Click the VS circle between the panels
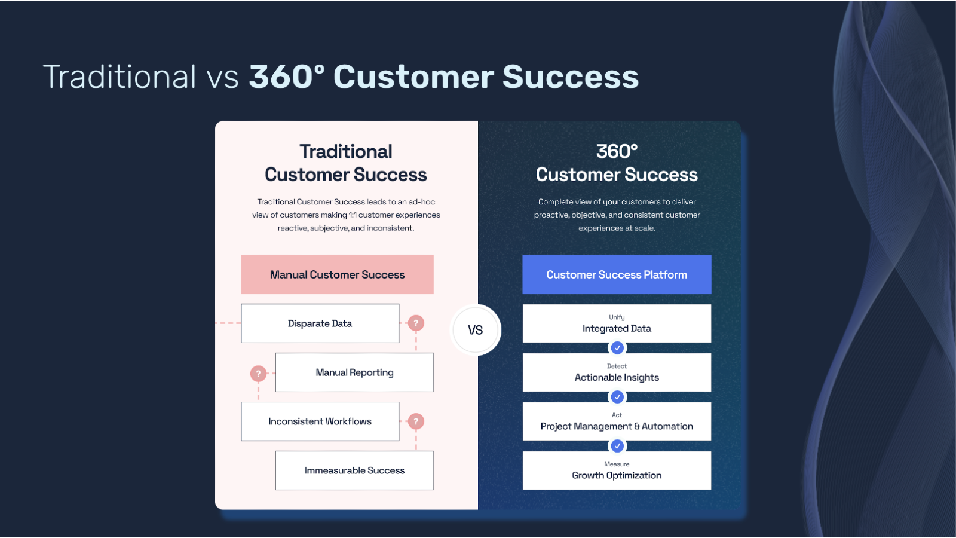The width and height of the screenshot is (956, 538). [475, 329]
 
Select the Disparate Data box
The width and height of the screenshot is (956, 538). [320, 323]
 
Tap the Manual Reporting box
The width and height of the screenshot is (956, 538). [355, 372]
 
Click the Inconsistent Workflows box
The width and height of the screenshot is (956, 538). [320, 421]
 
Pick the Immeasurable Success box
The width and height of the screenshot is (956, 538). [355, 470]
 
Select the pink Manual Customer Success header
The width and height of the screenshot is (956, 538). [337, 274]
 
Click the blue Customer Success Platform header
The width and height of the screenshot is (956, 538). [617, 274]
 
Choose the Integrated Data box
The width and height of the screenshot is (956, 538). [617, 323]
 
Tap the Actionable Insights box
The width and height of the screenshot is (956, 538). [617, 372]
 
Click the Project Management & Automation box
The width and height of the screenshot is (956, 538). [617, 421]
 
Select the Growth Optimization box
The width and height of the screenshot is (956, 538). [617, 470]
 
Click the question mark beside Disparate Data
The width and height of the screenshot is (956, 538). [416, 323]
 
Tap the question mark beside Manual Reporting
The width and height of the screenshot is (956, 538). [258, 374]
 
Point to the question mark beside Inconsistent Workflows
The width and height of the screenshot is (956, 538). [416, 421]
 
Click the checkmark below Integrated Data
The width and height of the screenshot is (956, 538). [617, 348]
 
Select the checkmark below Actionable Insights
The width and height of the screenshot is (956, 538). [617, 397]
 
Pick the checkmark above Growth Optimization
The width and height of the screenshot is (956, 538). [617, 446]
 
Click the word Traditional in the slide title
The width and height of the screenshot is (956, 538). [119, 77]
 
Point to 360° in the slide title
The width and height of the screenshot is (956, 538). [287, 77]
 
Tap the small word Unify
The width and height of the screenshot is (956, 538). [617, 317]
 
